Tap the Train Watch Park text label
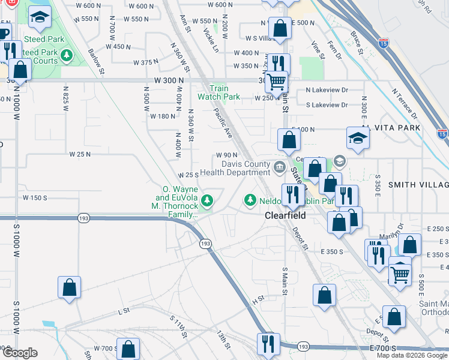(220, 92)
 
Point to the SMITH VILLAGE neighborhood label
(417, 185)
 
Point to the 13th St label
(224, 339)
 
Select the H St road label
(258, 298)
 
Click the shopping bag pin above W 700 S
(128, 349)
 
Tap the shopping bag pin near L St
(70, 287)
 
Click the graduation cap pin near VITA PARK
(357, 138)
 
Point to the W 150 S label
(35, 197)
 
